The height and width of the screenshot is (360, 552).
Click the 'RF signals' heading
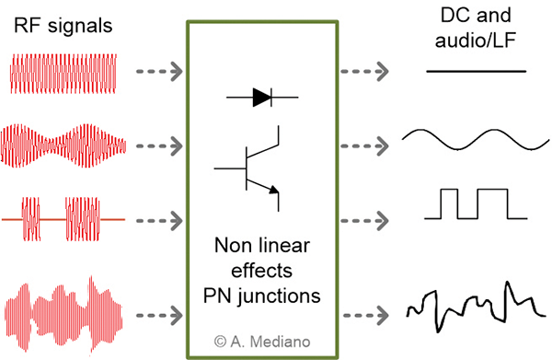coord(63,27)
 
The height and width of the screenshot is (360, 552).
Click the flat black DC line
coord(477,71)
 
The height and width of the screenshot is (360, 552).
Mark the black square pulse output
coord(477,203)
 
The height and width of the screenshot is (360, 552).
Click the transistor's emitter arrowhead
coord(274,190)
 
